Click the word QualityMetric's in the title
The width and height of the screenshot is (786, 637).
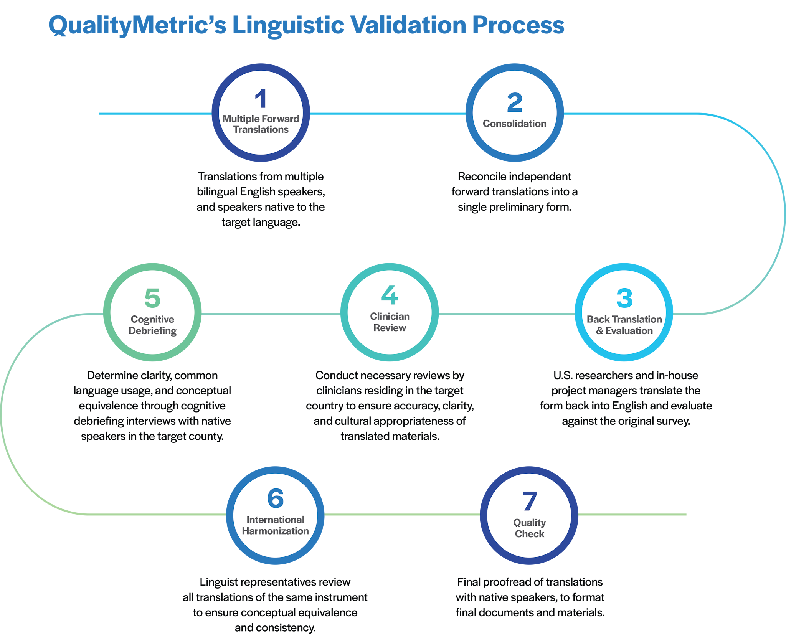point(137,25)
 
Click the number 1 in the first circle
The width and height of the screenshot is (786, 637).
point(261,99)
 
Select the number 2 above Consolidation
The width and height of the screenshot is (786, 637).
point(514,103)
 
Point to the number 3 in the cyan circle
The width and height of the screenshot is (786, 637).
point(624,298)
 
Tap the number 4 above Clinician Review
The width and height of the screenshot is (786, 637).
point(390,295)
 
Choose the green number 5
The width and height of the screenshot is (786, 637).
point(152,298)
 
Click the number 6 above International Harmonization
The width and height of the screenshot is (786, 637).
point(275,498)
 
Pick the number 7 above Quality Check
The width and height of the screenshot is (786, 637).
point(529,501)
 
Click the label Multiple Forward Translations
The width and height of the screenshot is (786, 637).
point(261,124)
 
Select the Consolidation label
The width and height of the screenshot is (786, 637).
point(514,124)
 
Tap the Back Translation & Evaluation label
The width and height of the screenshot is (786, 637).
point(624,325)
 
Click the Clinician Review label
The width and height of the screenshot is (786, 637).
point(390,322)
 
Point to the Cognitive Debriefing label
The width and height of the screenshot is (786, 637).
point(152,325)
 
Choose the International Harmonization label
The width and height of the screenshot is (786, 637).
point(275,525)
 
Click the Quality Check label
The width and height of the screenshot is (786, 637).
point(529,528)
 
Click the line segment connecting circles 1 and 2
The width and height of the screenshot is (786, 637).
point(388,114)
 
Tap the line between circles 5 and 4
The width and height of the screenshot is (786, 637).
point(271,314)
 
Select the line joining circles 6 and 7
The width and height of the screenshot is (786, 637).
point(402,514)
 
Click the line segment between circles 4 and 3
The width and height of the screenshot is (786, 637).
point(507,314)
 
